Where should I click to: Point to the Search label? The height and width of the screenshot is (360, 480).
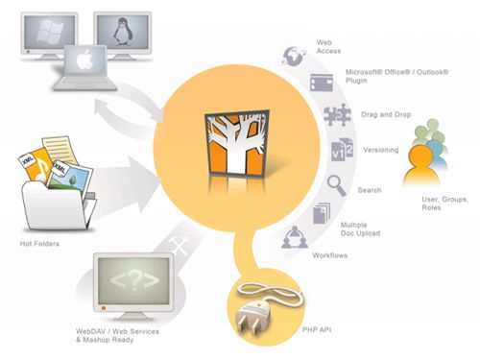[370, 189]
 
